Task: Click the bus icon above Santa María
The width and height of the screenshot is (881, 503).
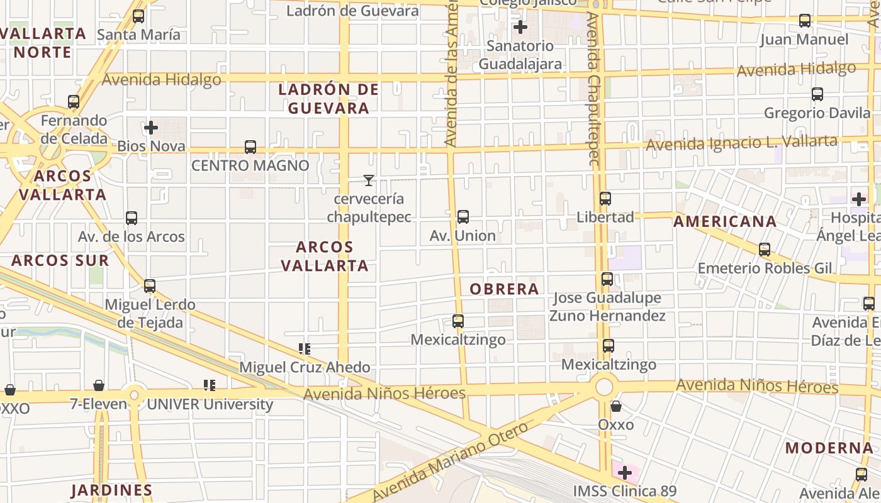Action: coord(138,16)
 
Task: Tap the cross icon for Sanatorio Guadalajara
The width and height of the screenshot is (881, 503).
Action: coord(520,27)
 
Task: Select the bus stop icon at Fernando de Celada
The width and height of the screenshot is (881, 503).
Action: coord(74,101)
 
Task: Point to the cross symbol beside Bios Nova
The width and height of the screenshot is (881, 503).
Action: coord(151,128)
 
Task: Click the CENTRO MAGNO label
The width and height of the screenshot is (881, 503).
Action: coord(250,166)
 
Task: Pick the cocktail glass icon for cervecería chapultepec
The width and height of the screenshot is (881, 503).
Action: coord(369,180)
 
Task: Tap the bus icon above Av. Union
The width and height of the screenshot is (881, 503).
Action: coord(463,217)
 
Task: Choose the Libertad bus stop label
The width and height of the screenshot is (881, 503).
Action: coord(605,218)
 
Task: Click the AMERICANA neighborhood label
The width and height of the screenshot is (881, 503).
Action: coord(725,221)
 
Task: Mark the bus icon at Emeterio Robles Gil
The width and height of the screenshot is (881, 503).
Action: coord(765,250)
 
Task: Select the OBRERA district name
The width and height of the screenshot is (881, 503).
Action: coord(505,289)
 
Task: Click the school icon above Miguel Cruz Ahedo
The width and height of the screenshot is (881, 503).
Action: coord(305,348)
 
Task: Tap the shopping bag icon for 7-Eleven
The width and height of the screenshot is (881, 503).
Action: coord(99,385)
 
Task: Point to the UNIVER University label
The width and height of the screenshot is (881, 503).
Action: coord(210,404)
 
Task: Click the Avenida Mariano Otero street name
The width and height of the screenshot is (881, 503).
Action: coord(452,462)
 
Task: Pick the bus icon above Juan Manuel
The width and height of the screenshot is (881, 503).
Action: coord(805,21)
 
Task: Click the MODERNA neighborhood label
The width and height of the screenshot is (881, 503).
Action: coord(829,448)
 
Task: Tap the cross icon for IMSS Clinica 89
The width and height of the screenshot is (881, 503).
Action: coord(625,472)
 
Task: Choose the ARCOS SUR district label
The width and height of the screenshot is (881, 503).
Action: coord(60,260)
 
